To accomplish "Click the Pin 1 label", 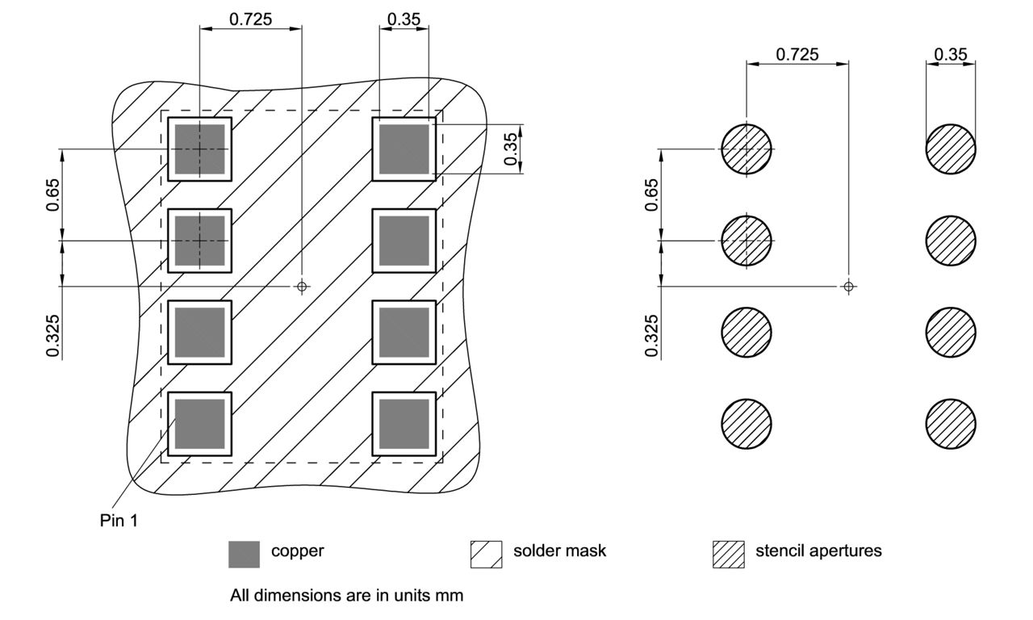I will tap(118, 521).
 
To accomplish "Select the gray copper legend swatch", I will tap(245, 554).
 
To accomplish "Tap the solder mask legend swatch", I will tap(486, 554).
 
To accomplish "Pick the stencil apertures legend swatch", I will tap(728, 554).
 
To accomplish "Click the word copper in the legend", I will tap(297, 552).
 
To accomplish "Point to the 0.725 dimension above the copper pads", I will tap(250, 19).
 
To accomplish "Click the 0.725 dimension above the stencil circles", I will tap(797, 54).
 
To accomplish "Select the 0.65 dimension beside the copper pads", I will tap(51, 195).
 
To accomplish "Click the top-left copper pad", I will tap(199, 149).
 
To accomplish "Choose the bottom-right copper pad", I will tap(404, 424).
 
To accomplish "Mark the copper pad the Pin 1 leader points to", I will tap(199, 424).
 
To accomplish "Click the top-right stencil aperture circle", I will tap(951, 149).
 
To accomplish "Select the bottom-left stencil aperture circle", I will tap(747, 424).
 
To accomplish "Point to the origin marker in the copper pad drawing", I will tap(302, 286).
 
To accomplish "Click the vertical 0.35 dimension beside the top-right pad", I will tap(511, 149).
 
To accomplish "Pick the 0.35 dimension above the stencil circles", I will tap(951, 54).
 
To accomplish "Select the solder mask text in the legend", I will tap(559, 552).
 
